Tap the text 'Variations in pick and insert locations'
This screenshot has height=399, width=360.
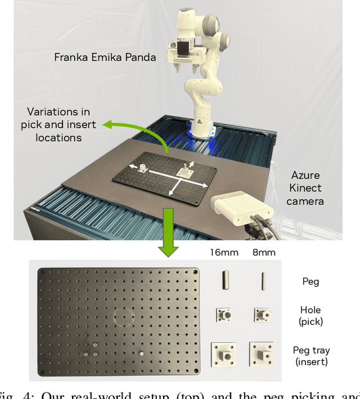tap(58, 125)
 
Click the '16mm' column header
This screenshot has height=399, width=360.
tap(224, 253)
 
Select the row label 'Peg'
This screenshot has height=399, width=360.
tap(310, 281)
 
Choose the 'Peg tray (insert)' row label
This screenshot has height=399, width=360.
tap(310, 356)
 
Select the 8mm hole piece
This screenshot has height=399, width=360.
tap(263, 316)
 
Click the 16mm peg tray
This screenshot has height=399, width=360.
tap(224, 355)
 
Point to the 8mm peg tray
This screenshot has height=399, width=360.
tap(263, 355)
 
